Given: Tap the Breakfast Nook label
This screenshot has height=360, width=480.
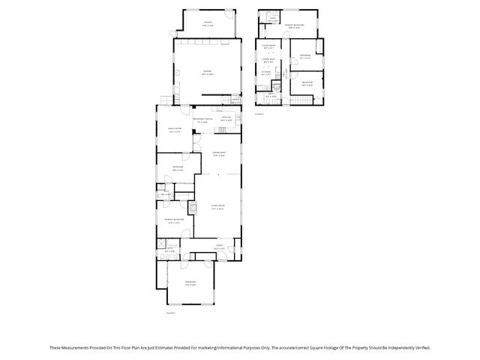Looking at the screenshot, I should pos(203,119).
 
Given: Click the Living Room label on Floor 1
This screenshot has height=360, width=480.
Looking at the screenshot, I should pos(217,208).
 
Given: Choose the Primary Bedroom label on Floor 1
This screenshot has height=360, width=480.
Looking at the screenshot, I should pos(175,219).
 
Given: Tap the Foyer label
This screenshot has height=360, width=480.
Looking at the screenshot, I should pos(219,246).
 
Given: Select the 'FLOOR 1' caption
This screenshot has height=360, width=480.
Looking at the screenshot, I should pos(170,312).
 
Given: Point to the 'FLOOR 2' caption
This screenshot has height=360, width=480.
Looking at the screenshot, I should pos(259,113).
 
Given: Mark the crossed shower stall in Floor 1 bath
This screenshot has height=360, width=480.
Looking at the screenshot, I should pos(161,242).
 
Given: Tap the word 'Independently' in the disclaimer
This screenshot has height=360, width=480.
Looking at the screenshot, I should pos(393,347).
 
